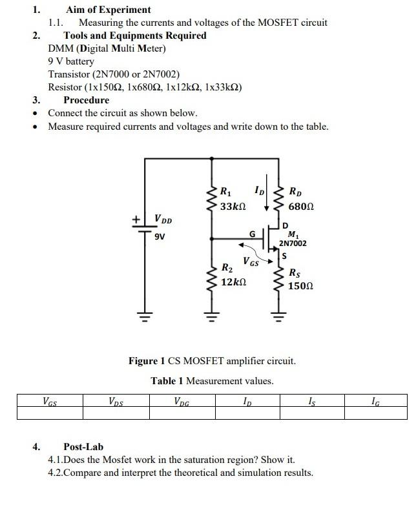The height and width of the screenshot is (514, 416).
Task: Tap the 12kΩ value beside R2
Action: pyautogui.click(x=233, y=283)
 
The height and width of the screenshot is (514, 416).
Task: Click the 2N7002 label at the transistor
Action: pyautogui.click(x=293, y=243)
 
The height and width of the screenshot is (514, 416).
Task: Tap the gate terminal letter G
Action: pyautogui.click(x=253, y=232)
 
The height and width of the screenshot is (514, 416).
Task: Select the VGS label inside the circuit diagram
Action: pyautogui.click(x=251, y=262)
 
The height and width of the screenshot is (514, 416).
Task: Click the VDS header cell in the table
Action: pyautogui.click(x=117, y=401)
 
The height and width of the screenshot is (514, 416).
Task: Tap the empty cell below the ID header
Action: pyautogui.click(x=247, y=413)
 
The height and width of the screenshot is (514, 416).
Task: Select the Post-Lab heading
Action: pyautogui.click(x=83, y=447)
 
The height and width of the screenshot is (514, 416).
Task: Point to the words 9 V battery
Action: pyautogui.click(x=71, y=61)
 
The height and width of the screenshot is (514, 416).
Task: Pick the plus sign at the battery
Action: pyautogui.click(x=136, y=220)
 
